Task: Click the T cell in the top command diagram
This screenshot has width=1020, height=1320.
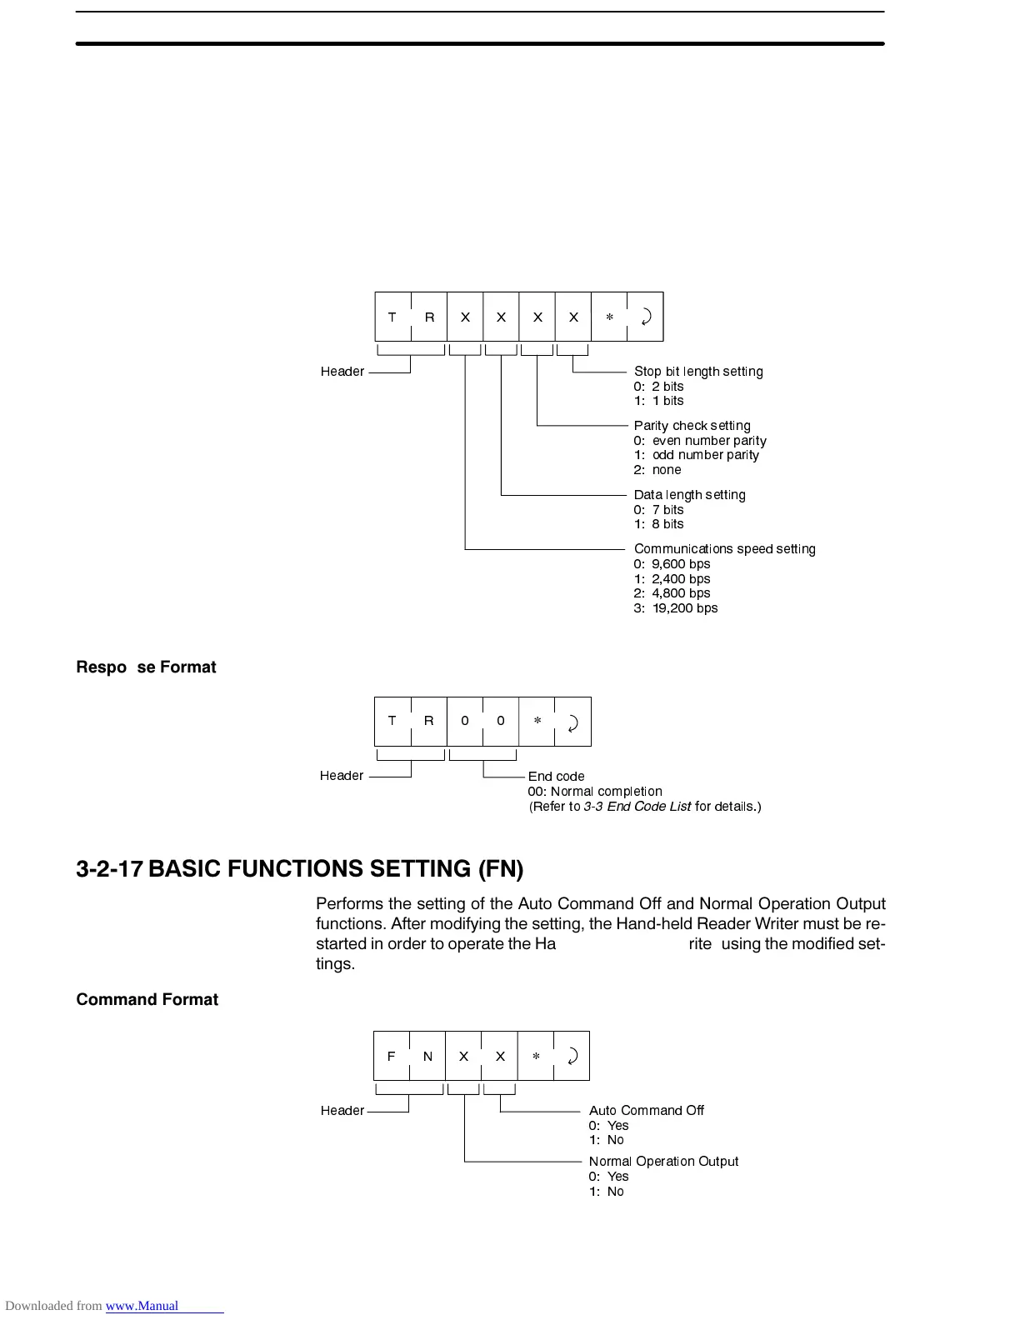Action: pos(392,317)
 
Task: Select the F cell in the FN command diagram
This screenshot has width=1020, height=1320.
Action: pos(392,1056)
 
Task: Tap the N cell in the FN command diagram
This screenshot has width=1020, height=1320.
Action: pos(427,1056)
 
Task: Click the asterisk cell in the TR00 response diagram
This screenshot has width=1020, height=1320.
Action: pos(537,721)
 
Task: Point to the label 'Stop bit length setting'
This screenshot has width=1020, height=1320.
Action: pos(698,372)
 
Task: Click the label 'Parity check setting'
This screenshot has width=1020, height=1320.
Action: pos(692,426)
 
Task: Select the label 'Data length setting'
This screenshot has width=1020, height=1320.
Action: pos(689,495)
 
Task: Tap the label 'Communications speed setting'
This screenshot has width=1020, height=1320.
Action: pos(724,549)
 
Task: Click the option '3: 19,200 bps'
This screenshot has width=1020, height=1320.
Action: pos(675,608)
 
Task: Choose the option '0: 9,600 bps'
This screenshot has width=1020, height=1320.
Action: pos(672,564)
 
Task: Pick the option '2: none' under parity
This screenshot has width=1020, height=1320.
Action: pos(657,470)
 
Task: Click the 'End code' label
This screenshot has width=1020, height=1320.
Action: pos(556,777)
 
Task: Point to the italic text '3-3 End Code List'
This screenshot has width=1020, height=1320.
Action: pos(637,807)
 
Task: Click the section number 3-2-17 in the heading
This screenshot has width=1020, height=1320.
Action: pos(109,869)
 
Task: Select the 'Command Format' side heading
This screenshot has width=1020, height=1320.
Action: pos(147,999)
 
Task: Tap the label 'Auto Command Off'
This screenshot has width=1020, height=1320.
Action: pos(646,1111)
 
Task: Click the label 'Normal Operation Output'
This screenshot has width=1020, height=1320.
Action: pos(663,1162)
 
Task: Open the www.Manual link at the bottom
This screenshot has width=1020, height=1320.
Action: pos(142,1306)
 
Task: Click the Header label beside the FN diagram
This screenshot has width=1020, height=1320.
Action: pos(342,1111)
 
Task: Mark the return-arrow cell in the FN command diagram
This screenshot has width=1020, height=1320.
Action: pos(572,1056)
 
